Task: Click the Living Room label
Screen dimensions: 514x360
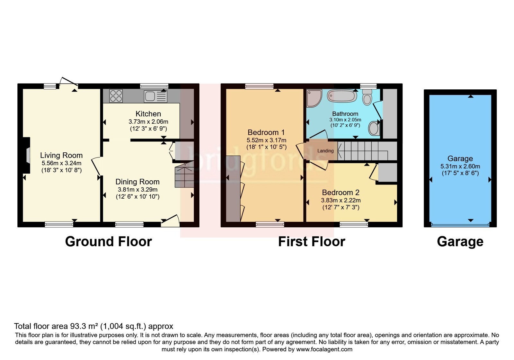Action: coord(61,156)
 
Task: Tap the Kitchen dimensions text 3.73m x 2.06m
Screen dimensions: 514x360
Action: coord(148,122)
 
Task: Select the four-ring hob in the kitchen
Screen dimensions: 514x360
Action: coord(116,96)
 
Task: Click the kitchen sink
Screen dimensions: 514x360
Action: coord(155,96)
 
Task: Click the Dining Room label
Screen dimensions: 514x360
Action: coord(137,182)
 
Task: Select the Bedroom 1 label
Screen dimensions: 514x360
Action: coord(266,132)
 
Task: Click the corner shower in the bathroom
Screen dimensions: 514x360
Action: coord(315,98)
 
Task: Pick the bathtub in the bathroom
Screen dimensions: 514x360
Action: coord(342,96)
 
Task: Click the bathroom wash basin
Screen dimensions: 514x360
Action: coord(374,128)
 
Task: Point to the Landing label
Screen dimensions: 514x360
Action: coord(325,151)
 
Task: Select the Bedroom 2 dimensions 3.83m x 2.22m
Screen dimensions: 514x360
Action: coord(341,201)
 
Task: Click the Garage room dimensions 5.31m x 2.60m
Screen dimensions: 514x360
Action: coord(460,166)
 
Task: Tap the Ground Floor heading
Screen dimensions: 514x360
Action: coord(109,242)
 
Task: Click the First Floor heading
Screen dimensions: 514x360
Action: coord(312,242)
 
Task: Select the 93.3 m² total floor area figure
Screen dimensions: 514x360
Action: coord(84,326)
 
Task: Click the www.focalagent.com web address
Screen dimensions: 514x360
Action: coord(324,349)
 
